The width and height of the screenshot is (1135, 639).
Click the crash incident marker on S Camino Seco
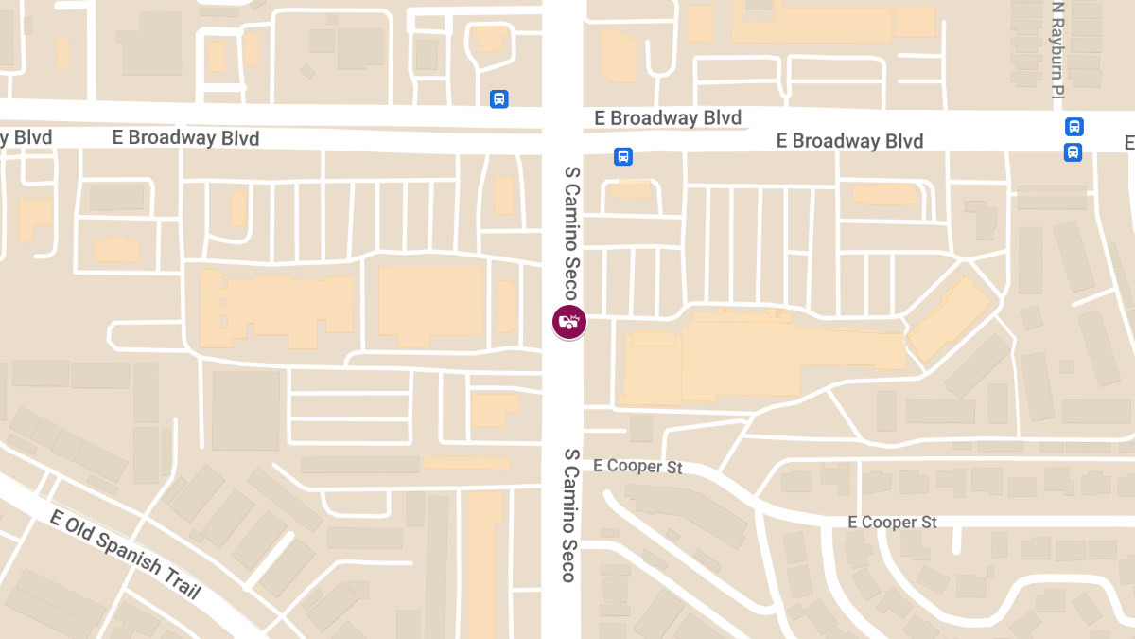569,322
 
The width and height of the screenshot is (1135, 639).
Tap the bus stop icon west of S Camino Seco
499,98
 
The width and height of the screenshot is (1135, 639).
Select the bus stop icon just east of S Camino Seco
622,156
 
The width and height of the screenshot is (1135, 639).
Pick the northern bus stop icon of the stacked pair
1074,127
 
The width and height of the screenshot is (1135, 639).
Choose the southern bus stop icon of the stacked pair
1074,151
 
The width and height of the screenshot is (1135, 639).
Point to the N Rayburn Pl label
1058,49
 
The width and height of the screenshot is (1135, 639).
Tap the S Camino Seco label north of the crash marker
570,233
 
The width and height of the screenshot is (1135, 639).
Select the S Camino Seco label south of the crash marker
570,515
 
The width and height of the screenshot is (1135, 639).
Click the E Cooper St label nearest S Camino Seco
637,467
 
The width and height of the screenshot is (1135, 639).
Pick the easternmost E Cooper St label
892,523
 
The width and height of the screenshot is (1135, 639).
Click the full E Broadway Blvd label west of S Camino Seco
185,138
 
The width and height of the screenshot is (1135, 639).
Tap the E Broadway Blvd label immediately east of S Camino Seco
668,118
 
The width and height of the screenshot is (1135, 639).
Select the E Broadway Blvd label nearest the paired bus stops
849,141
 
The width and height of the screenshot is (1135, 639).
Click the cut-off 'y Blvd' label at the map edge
26,138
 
